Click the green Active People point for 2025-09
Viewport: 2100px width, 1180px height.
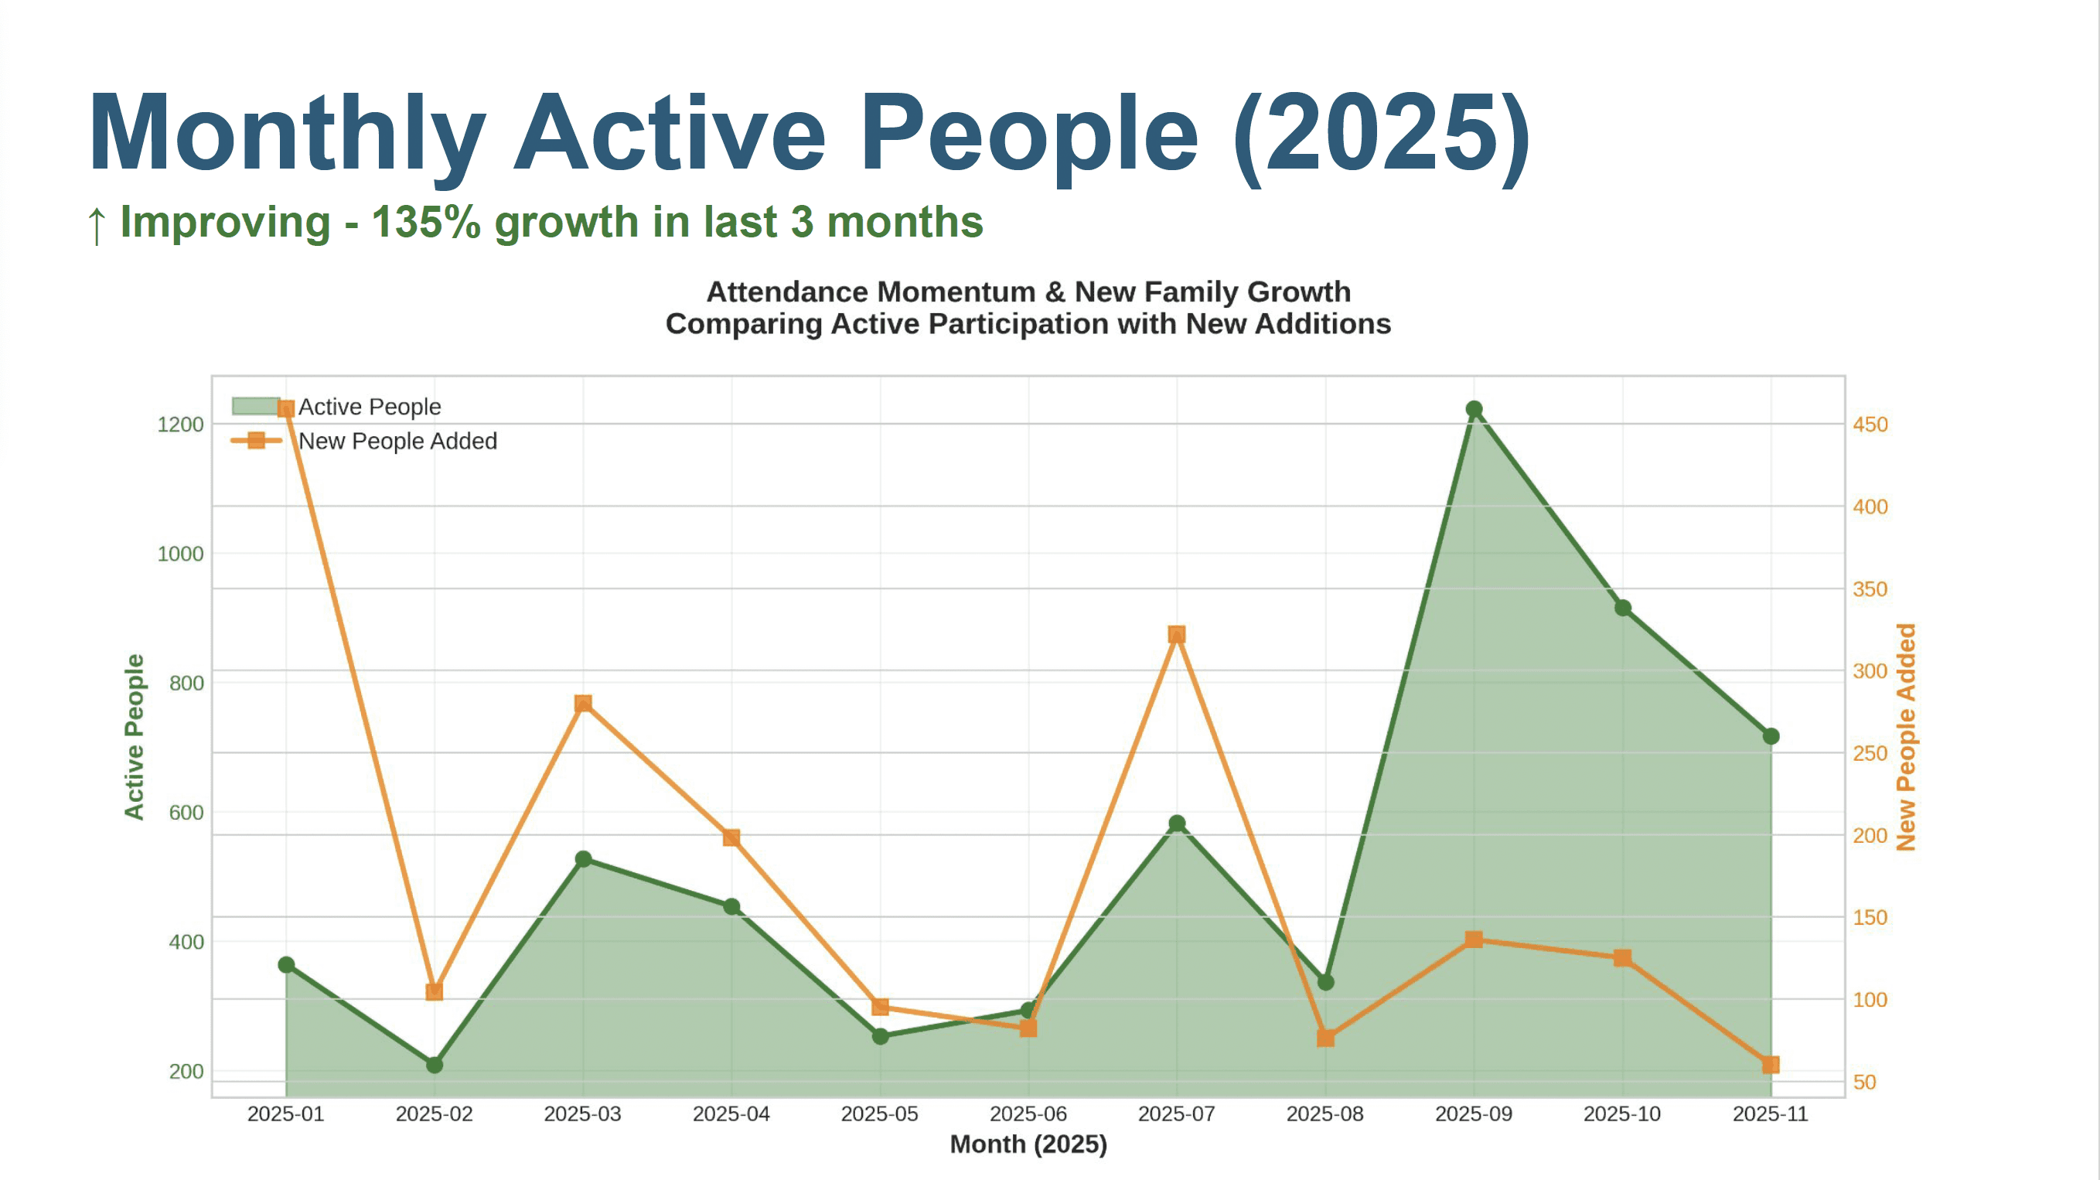click(x=1474, y=409)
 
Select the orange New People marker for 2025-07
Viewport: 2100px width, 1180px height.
click(x=1176, y=634)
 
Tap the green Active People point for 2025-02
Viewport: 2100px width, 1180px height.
click(x=435, y=1064)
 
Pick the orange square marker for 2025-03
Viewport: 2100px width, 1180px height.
click(x=583, y=703)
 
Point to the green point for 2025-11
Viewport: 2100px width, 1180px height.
click(x=1771, y=736)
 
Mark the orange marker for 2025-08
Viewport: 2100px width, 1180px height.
click(x=1325, y=1038)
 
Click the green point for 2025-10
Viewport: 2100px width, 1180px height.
click(x=1622, y=608)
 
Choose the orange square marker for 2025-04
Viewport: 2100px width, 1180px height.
click(x=731, y=837)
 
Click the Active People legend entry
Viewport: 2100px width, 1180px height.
click(x=369, y=406)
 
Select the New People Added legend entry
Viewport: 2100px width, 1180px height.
click(x=396, y=442)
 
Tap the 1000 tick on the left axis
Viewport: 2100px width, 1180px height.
click(x=180, y=554)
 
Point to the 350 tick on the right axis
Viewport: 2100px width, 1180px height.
click(x=1870, y=588)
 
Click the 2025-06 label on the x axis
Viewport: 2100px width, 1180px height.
click(x=1028, y=1114)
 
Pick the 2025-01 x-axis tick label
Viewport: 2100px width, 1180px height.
click(x=285, y=1114)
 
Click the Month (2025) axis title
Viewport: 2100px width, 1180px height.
click(x=1028, y=1144)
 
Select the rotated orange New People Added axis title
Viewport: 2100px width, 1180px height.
click(x=1905, y=737)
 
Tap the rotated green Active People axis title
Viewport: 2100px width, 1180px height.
click(x=135, y=736)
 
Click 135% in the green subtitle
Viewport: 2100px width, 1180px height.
click(x=426, y=222)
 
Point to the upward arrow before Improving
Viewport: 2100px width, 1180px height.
click(x=97, y=223)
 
